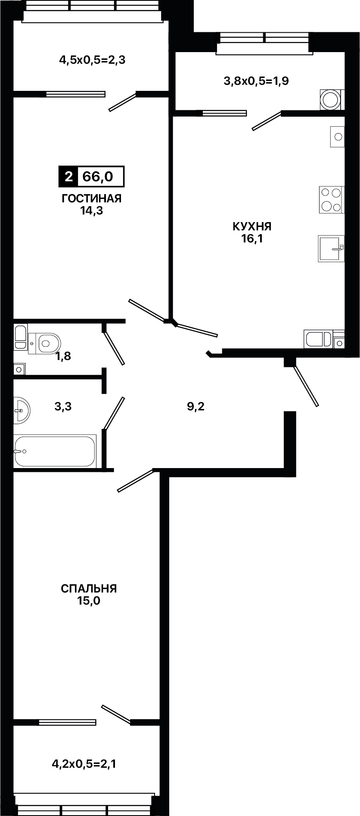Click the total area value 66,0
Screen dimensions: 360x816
pos(98,176)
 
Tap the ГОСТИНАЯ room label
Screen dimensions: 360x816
pos(92,199)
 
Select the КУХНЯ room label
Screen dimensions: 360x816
pos(252,226)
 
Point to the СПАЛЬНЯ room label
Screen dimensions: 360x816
pos(89,589)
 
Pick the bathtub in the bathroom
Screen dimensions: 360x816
pos(55,451)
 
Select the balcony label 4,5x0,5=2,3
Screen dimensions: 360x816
pos(92,60)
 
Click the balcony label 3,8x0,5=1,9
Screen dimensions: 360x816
pos(256,81)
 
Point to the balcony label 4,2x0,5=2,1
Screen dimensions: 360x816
pos(84,764)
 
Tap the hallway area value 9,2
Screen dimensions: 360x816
pos(196,406)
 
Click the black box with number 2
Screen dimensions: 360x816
pos(68,176)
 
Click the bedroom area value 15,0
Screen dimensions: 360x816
pos(89,601)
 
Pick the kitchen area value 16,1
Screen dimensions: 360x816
pos(252,239)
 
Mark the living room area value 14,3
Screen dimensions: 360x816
pos(92,211)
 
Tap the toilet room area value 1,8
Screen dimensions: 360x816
pos(63,356)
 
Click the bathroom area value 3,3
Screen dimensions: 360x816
pos(63,406)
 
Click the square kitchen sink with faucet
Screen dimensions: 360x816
pos(331,248)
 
